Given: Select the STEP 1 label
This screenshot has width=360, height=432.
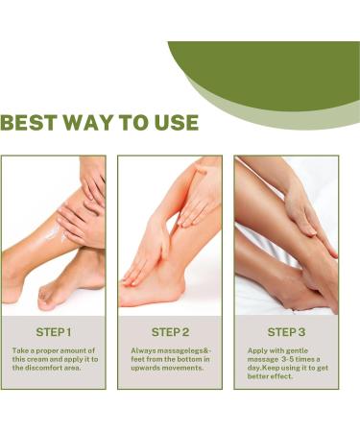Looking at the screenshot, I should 53,332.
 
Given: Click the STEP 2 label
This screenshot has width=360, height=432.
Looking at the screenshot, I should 170,332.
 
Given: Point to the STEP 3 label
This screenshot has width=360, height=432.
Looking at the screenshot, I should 286,332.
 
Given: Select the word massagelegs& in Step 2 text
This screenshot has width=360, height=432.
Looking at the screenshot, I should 179,350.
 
